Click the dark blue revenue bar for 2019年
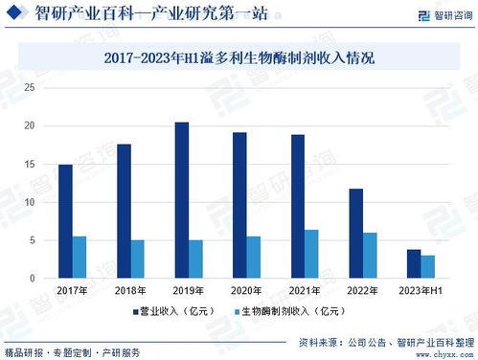tap(182, 200)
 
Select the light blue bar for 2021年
tap(312, 254)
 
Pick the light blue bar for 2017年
tap(80, 258)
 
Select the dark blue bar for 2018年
tap(124, 211)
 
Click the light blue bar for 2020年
tap(254, 258)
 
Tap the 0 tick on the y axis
tap(32, 279)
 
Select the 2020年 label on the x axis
tap(246, 290)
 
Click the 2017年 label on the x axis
tap(72, 290)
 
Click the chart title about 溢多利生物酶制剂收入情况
tap(239, 58)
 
